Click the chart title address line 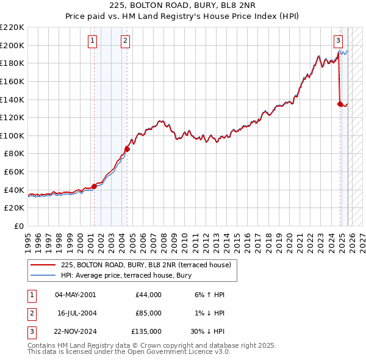click(x=182, y=6)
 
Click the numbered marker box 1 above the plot click(x=92, y=41)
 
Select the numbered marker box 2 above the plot click(x=125, y=41)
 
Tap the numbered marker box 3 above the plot click(x=338, y=41)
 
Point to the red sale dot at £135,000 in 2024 click(x=340, y=104)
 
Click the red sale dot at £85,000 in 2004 click(x=127, y=149)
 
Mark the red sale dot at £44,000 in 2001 click(x=94, y=186)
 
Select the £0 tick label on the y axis click(x=20, y=226)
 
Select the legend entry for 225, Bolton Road click(x=146, y=265)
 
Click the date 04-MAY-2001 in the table click(x=75, y=295)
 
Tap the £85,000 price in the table click(x=149, y=313)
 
